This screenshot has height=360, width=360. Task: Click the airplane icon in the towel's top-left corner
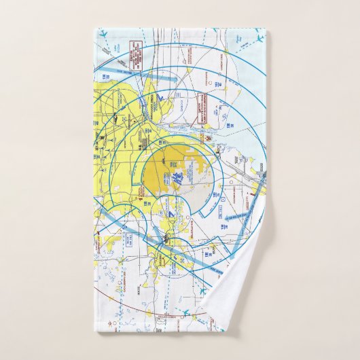click(104, 34)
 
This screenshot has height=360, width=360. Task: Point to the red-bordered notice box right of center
click(204, 112)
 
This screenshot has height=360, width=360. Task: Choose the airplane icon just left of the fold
click(202, 291)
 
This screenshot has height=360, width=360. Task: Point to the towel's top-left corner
click(95, 30)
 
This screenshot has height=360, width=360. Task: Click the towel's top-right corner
click(266, 30)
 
